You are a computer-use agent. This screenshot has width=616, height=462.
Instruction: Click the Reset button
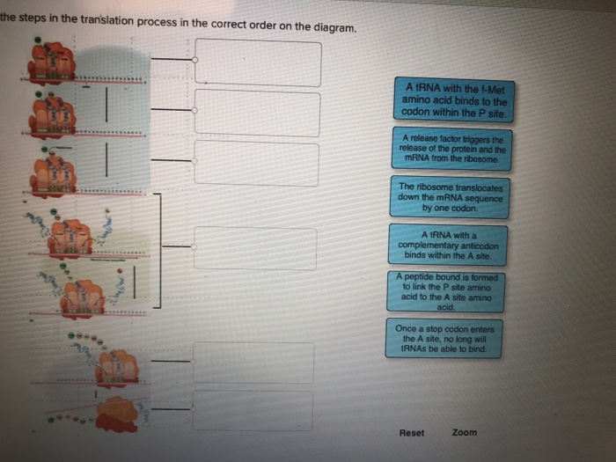(412, 433)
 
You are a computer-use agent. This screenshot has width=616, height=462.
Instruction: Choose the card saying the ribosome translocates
(450, 198)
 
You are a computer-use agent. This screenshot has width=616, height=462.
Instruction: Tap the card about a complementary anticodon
(449, 245)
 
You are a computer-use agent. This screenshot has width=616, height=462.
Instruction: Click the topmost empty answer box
(257, 62)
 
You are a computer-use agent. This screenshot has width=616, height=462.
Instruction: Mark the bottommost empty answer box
(253, 410)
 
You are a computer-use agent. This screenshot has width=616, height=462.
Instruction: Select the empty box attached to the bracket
(254, 248)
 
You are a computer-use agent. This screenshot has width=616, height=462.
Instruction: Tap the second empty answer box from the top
(257, 113)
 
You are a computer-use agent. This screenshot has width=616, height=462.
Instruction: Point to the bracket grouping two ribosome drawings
(158, 251)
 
